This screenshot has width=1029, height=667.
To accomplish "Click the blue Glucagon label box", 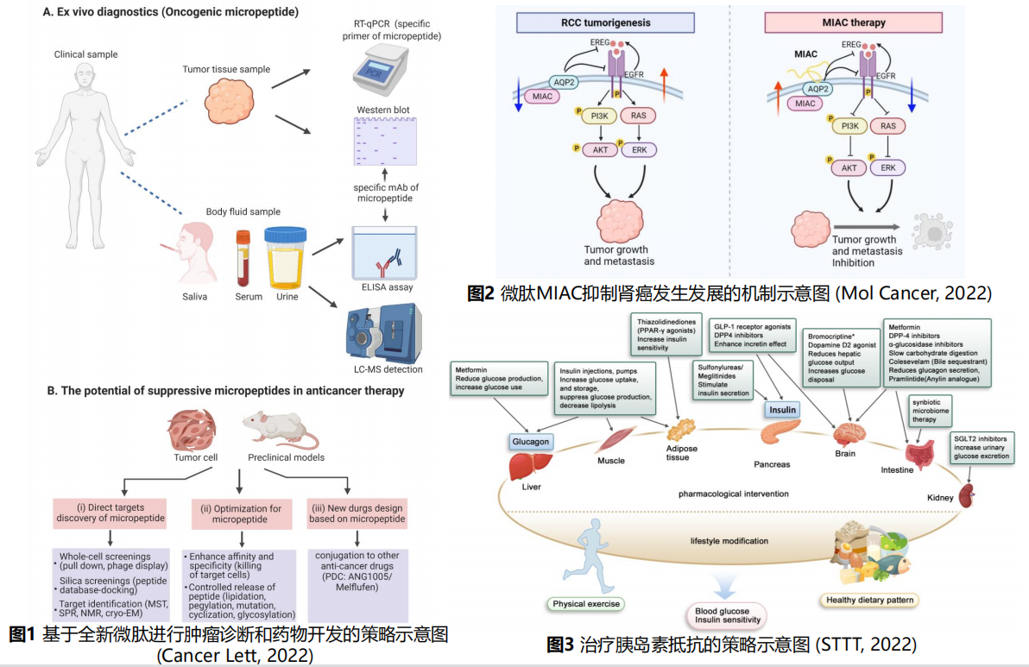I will (529, 441).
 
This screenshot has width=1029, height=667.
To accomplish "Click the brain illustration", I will (845, 432).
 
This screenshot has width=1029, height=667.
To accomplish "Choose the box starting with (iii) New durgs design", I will (357, 513).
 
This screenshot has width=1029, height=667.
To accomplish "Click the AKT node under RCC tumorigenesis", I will (600, 149).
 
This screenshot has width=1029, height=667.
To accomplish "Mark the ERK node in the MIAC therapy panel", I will (887, 167).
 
